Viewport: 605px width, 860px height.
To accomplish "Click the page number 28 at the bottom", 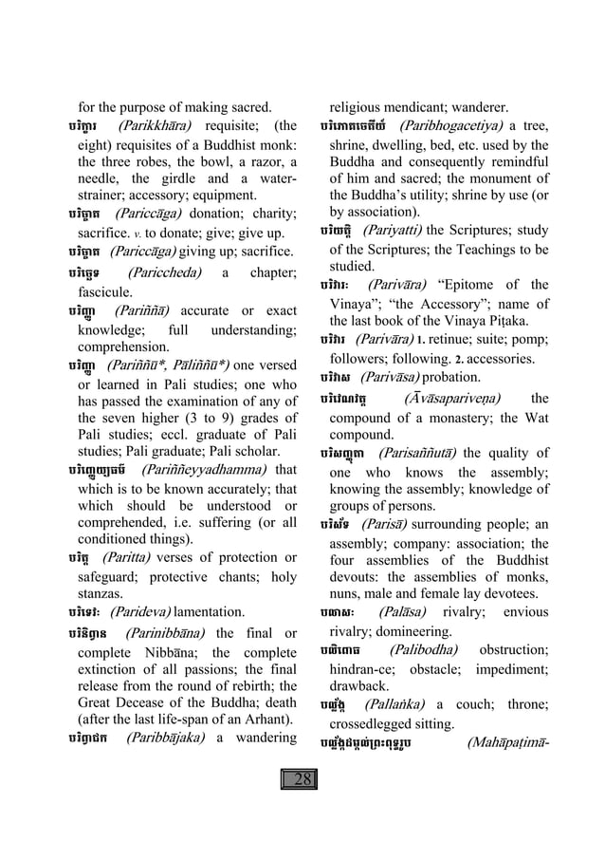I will coord(302,806).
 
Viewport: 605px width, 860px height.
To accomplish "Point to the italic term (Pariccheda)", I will coord(165,272).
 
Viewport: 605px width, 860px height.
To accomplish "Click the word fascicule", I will coord(106,291).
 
